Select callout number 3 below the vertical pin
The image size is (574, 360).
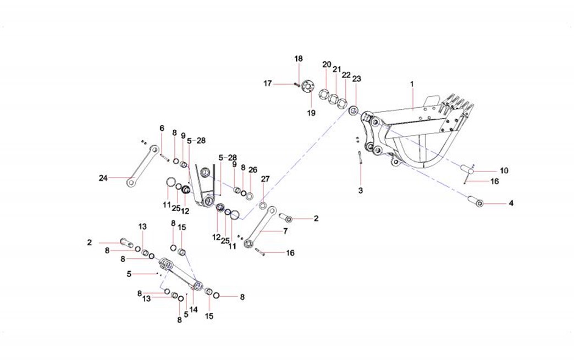[361, 190]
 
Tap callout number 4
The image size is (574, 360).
[511, 204]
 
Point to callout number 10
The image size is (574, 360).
[504, 171]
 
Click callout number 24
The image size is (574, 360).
[103, 178]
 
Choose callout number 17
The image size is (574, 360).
[268, 84]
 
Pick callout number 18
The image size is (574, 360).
[298, 59]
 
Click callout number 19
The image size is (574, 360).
[311, 113]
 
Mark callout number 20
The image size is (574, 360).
[327, 65]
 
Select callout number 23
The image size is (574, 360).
[356, 79]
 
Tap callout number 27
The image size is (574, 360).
[265, 179]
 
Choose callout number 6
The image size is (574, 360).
[162, 128]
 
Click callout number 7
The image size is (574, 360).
[285, 231]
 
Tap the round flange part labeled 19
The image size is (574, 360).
[307, 86]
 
